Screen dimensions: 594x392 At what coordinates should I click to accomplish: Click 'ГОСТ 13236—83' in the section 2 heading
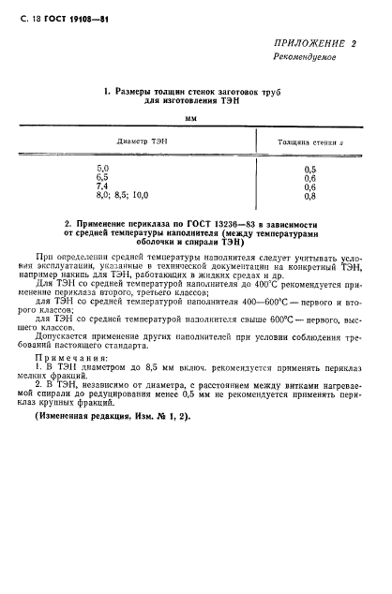click(214, 225)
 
